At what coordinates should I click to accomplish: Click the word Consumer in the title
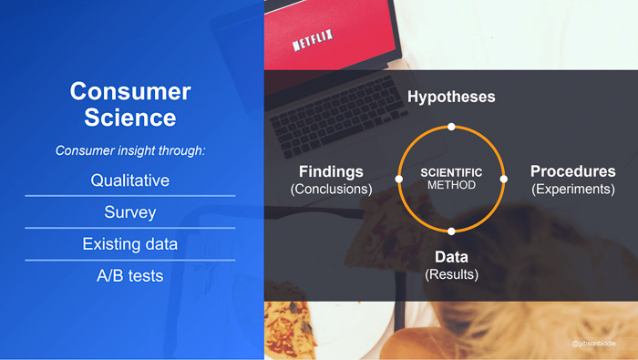(130, 91)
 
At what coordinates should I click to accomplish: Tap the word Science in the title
(130, 118)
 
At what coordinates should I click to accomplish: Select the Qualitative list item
(130, 180)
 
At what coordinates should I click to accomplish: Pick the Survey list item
(130, 212)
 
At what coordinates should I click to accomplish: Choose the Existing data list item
(130, 244)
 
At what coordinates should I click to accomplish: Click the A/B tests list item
(130, 275)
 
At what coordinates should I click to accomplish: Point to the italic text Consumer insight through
(130, 149)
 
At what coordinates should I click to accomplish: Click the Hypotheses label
(451, 97)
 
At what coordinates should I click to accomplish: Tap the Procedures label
(572, 171)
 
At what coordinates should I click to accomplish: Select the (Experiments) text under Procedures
(572, 190)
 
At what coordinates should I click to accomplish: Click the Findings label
(331, 171)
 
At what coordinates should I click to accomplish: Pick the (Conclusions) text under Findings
(331, 190)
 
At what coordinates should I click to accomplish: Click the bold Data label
(451, 257)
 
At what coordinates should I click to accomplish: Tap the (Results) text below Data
(451, 274)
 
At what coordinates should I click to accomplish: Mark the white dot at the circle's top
(451, 126)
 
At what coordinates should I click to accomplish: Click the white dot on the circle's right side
(503, 179)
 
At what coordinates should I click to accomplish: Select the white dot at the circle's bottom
(451, 231)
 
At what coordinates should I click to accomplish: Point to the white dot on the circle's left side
(398, 179)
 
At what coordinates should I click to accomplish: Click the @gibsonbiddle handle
(593, 344)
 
